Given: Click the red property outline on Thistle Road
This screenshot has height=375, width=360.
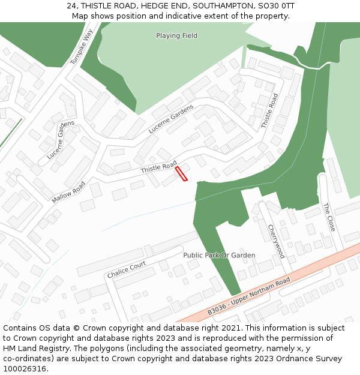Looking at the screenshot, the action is pyautogui.click(x=181, y=174).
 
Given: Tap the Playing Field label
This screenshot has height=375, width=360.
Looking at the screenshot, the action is pyautogui.click(x=176, y=36).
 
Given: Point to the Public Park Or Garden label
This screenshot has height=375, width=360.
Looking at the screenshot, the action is pyautogui.click(x=219, y=256).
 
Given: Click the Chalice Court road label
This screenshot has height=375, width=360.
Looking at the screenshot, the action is pyautogui.click(x=126, y=269).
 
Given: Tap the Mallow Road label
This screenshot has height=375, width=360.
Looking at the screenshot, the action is pyautogui.click(x=68, y=192).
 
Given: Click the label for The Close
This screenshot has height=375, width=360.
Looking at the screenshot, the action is pyautogui.click(x=329, y=217).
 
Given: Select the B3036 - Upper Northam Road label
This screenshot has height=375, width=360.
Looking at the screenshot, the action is pyautogui.click(x=248, y=296).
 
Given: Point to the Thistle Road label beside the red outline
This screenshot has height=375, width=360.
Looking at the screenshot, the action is pyautogui.click(x=158, y=167).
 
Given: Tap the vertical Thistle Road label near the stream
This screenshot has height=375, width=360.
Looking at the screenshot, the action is pyautogui.click(x=268, y=111).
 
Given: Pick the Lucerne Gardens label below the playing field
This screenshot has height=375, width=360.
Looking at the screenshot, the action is pyautogui.click(x=172, y=119).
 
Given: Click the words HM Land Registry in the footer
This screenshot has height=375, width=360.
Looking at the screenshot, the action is pyautogui.click(x=34, y=348).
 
